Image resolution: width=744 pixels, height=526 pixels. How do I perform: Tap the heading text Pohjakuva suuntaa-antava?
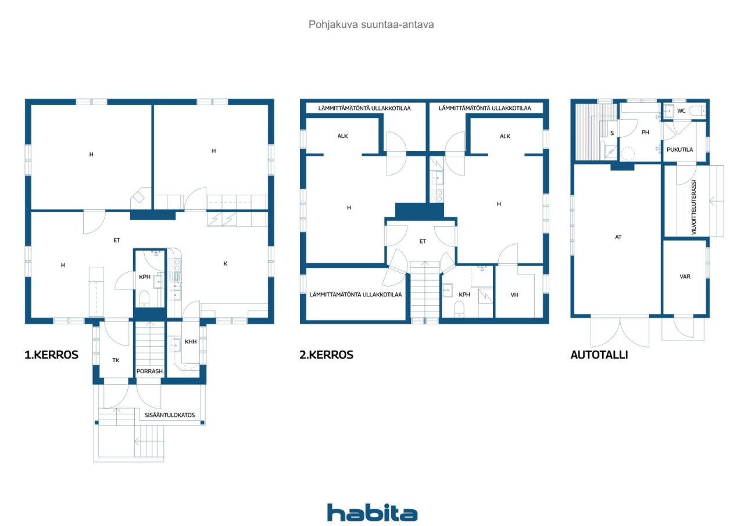(x=371, y=24)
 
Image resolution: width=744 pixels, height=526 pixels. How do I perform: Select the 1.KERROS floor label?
(x=52, y=355)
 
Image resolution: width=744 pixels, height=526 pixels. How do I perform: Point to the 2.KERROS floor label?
(x=327, y=355)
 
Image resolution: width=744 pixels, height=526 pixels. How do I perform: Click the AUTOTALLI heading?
(x=599, y=355)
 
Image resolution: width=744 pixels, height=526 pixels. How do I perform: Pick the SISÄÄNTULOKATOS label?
(x=170, y=415)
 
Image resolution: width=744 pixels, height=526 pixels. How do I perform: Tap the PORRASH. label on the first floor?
(x=150, y=371)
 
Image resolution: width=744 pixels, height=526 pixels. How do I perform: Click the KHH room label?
(x=191, y=341)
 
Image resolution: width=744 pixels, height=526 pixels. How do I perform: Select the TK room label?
(x=116, y=360)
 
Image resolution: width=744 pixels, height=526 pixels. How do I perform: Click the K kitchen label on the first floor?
(x=225, y=264)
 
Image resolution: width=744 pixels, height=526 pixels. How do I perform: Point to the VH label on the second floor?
(x=514, y=295)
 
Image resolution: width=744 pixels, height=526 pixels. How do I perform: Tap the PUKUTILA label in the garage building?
(x=679, y=150)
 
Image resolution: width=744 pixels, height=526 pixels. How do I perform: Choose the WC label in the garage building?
(x=681, y=111)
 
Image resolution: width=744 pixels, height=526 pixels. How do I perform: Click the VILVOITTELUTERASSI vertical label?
(x=693, y=207)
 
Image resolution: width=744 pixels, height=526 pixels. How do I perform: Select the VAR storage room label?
(x=685, y=277)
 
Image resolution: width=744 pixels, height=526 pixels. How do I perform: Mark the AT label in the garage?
(x=618, y=237)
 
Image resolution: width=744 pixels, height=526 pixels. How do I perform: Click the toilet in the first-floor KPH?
(x=144, y=298)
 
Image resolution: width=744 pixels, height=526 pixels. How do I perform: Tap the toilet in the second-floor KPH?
(x=459, y=309)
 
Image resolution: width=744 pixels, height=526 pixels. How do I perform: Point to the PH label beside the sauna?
(x=645, y=133)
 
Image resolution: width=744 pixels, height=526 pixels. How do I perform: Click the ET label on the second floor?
(x=423, y=241)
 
